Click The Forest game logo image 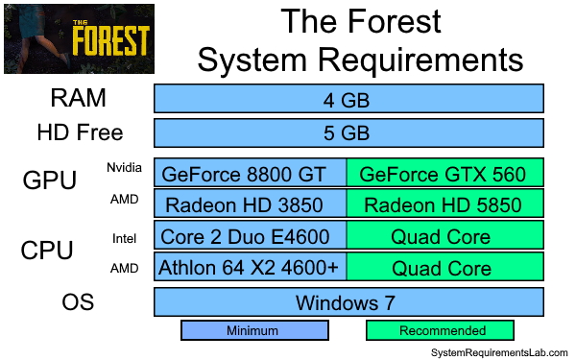(x=79, y=38)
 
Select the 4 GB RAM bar (x=349, y=99)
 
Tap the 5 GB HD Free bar (x=349, y=132)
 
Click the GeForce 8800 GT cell (x=251, y=174)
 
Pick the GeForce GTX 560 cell (x=444, y=174)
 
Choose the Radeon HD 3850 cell (x=251, y=204)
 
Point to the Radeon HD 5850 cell (x=444, y=204)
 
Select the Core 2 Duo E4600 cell (x=251, y=236)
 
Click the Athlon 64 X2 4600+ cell (x=251, y=268)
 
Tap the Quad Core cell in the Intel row (x=444, y=236)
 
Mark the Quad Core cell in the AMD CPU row (x=444, y=268)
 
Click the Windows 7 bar (x=349, y=302)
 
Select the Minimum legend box (x=254, y=330)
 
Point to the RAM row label (x=79, y=98)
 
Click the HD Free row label (x=80, y=132)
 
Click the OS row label (x=79, y=301)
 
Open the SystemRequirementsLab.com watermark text (x=499, y=352)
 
